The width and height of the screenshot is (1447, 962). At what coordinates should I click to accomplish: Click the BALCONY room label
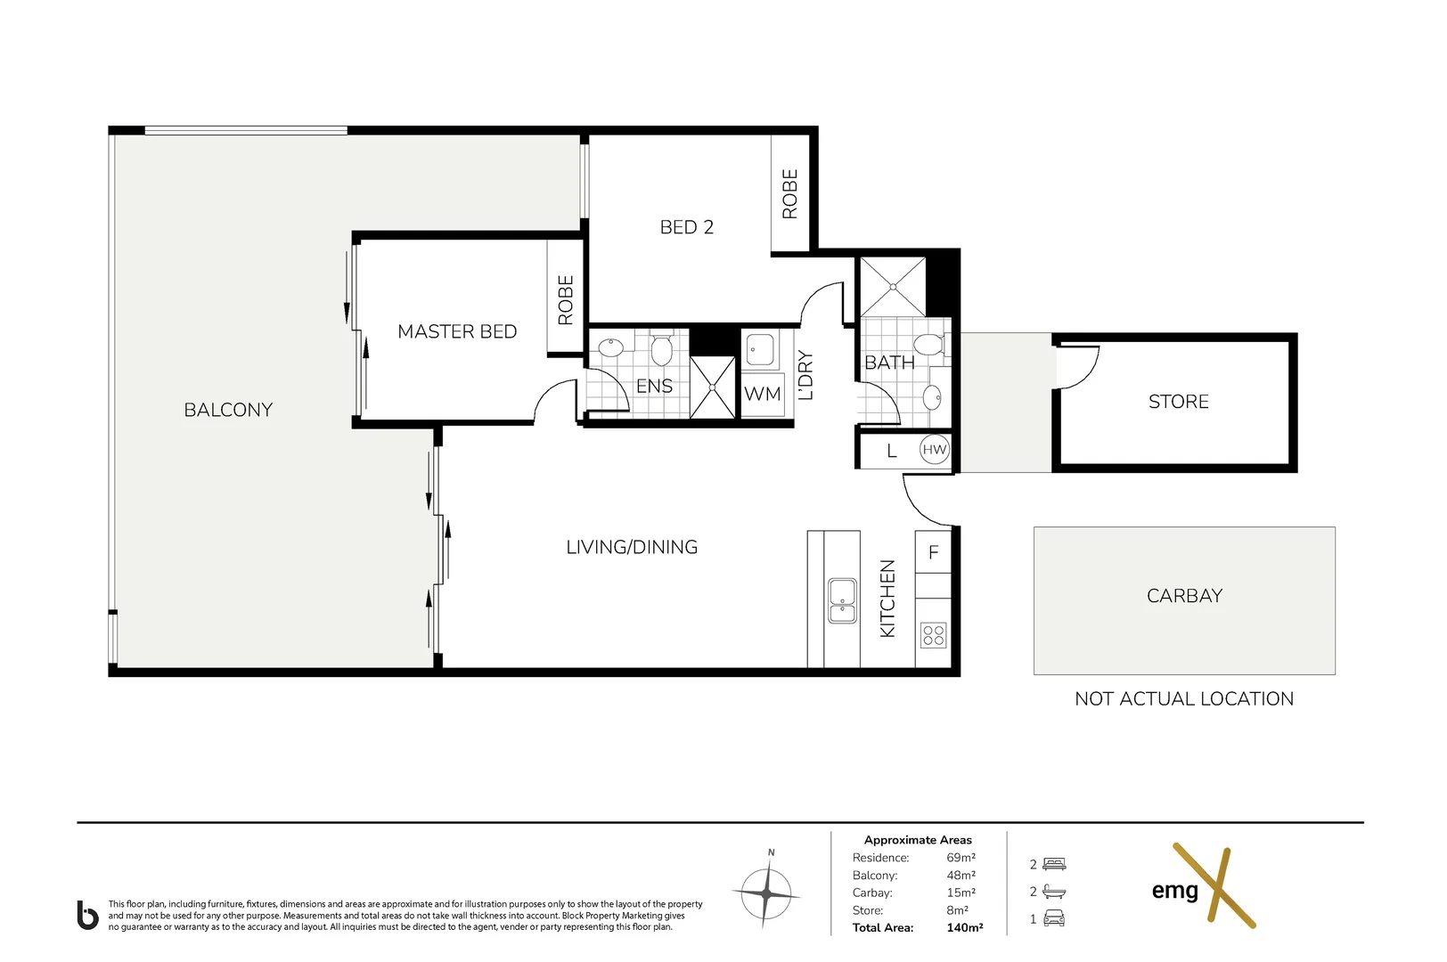tap(228, 410)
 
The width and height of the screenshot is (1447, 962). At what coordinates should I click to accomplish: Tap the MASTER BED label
tap(457, 332)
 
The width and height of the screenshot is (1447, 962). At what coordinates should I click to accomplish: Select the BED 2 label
tap(687, 227)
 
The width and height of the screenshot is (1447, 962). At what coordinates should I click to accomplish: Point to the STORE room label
tap(1178, 402)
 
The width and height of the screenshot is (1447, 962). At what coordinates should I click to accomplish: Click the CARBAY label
tap(1185, 595)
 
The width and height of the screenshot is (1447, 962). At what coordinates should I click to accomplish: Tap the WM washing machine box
tap(763, 394)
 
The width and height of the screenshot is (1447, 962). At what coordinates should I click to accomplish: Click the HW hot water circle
tap(934, 449)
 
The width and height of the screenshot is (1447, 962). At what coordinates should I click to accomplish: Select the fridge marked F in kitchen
tap(933, 552)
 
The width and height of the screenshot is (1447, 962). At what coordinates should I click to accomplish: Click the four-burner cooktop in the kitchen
tap(934, 635)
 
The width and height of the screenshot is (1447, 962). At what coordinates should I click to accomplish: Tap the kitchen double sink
tap(842, 600)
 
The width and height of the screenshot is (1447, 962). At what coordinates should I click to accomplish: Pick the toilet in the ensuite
tap(661, 348)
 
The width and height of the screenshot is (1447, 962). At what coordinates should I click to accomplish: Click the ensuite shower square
tap(713, 387)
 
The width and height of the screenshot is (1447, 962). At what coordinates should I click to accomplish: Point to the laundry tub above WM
tap(760, 350)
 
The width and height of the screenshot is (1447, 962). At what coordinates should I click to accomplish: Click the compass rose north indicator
tap(767, 892)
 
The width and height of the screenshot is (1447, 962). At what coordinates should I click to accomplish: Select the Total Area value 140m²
tap(964, 928)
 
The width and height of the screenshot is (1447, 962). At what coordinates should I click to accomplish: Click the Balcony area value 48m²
tap(961, 875)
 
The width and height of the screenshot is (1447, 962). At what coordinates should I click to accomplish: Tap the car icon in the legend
tap(1054, 918)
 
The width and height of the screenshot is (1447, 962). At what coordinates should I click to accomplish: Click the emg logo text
tap(1175, 892)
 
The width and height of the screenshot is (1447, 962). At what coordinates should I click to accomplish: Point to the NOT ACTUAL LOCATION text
tap(1184, 698)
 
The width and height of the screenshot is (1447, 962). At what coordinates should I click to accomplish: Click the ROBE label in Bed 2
tap(790, 193)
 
